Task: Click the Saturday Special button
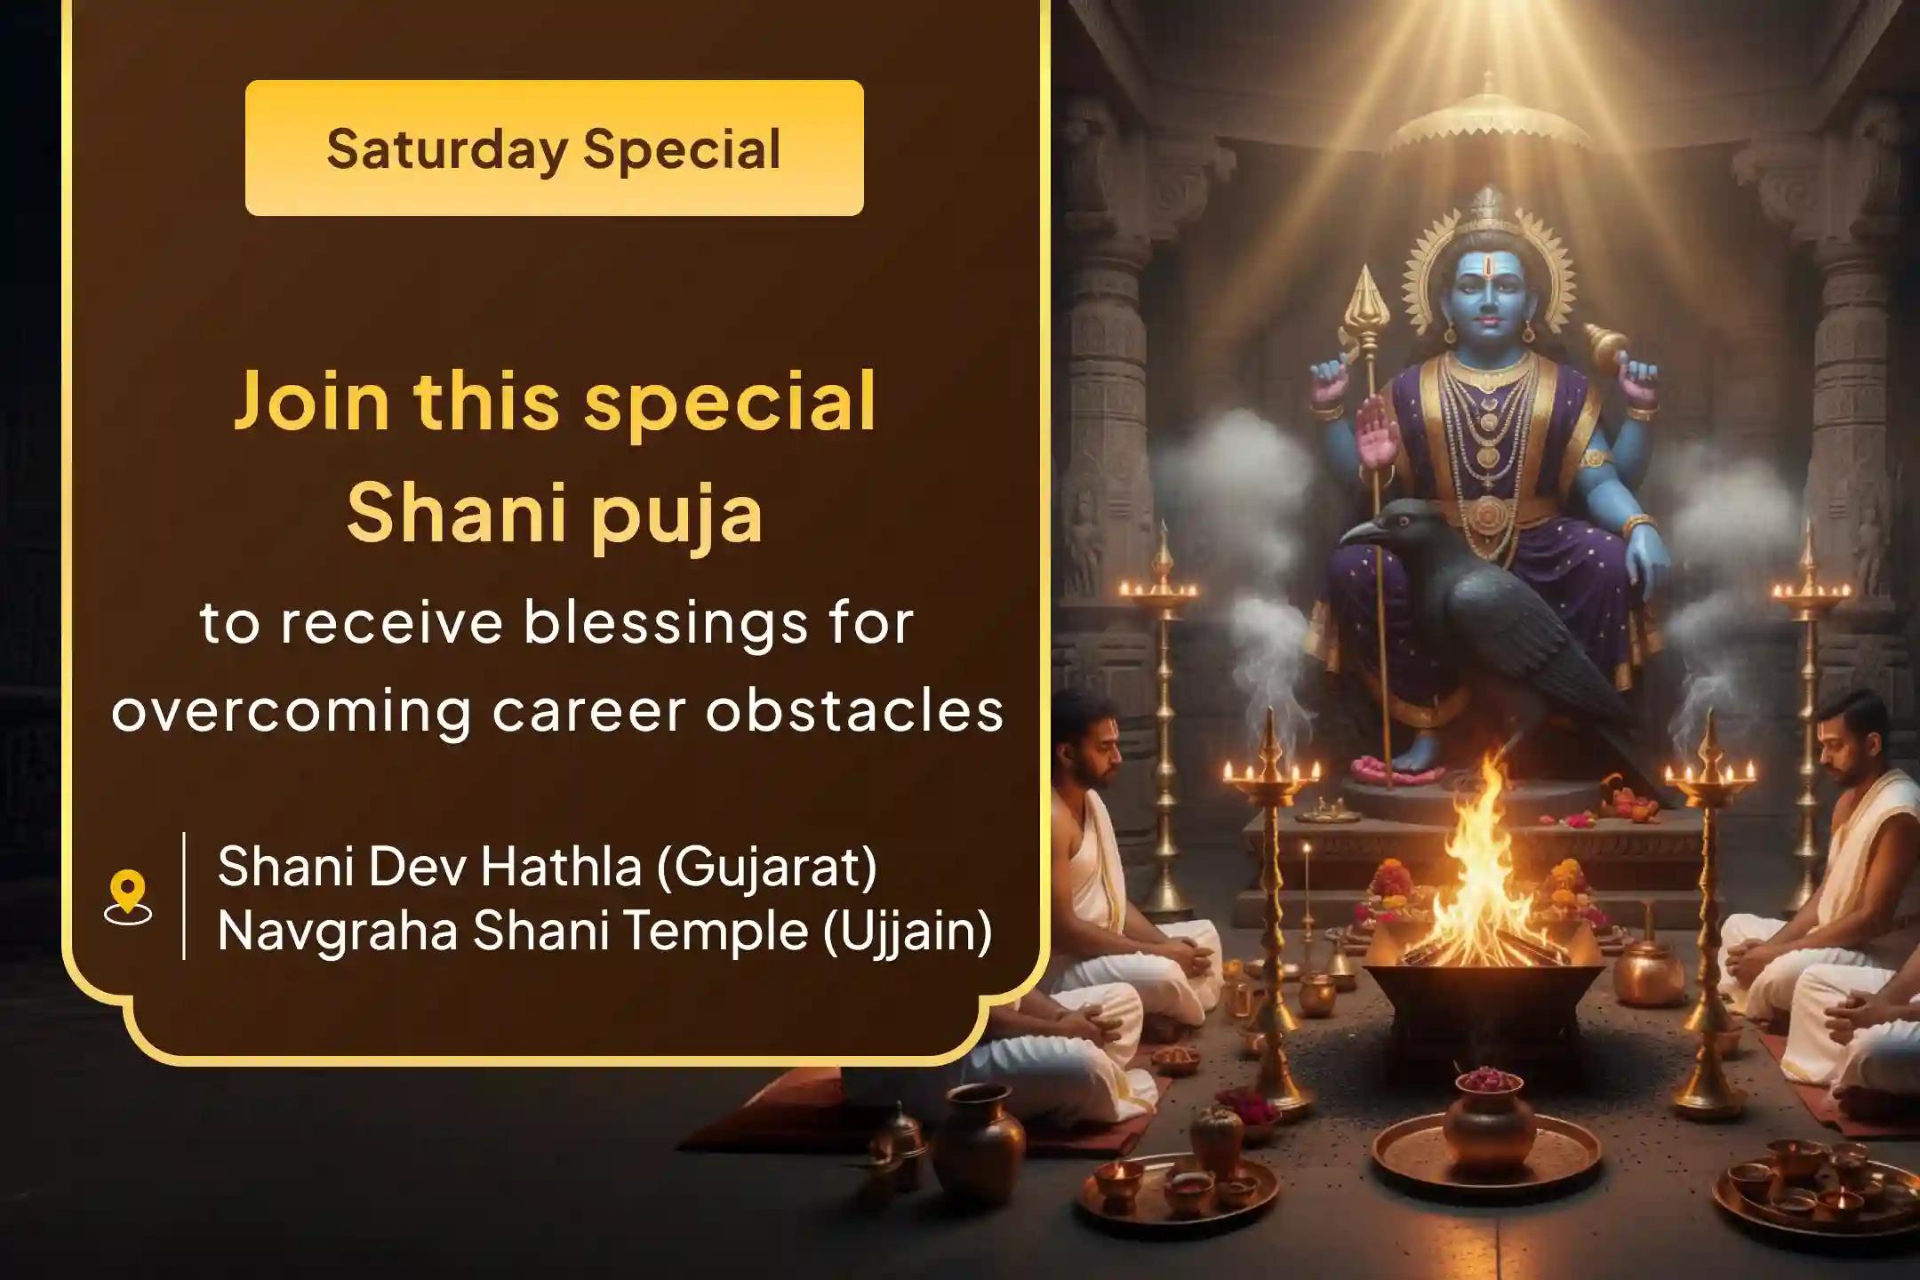[554, 148]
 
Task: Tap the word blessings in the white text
[666, 622]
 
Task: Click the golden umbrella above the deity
[1487, 124]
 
